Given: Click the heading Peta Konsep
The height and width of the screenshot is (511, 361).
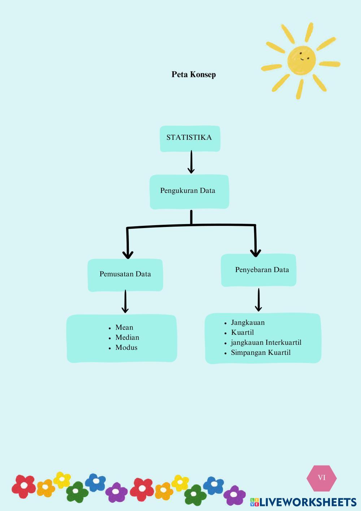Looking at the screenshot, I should (193, 74).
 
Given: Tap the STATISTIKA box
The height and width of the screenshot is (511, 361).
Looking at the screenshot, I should (190, 138).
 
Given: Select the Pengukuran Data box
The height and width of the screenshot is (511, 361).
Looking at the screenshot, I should (189, 192).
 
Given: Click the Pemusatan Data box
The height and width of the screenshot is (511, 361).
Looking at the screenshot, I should (125, 275).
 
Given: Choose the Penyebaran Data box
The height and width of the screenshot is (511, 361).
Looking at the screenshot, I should (259, 270).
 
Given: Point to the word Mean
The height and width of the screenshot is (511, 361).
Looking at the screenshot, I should (124, 327).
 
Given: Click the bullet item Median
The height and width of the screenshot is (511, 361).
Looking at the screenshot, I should (127, 338).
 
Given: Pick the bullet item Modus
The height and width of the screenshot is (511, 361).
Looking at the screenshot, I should (126, 348).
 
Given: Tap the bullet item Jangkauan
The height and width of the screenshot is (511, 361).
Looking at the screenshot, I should (248, 323).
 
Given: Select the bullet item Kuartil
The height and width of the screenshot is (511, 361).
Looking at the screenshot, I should (242, 332).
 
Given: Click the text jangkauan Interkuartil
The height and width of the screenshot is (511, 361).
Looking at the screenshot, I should (266, 343).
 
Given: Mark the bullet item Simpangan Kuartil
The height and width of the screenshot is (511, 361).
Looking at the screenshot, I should (261, 353).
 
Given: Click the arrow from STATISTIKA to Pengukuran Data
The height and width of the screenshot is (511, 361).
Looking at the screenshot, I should (191, 162).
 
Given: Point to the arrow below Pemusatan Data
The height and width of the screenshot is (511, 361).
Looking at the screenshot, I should (125, 301).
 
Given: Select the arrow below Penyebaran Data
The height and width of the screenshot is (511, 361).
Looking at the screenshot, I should (258, 300).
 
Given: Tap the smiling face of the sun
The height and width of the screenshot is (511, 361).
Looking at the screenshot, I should (302, 59).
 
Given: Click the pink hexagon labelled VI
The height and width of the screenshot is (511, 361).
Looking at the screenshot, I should (321, 478).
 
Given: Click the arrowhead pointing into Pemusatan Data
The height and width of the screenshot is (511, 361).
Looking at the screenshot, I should (128, 254).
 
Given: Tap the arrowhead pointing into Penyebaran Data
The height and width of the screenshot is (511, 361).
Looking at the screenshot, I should (256, 252).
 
